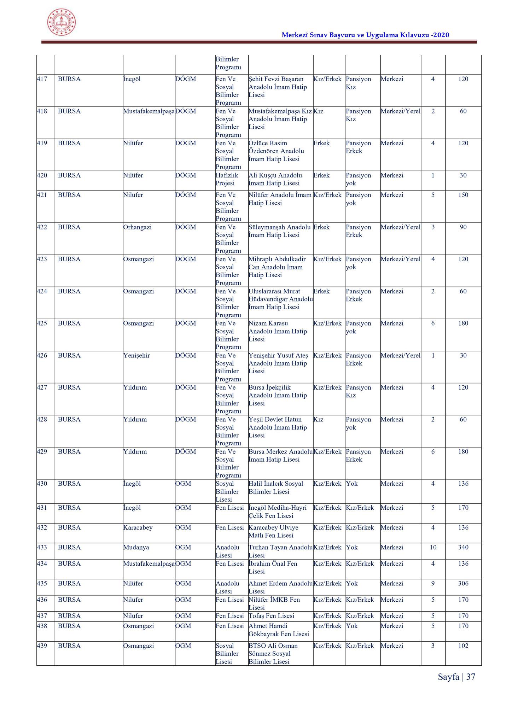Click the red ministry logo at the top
pos(62,22)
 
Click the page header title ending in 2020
pos(365,35)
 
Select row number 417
pos(42,79)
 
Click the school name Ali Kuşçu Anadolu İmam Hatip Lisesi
pos(275,179)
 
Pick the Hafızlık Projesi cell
pos(227,179)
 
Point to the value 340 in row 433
pos(463,548)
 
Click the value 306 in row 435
pos(463,584)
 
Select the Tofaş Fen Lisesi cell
pos(271,616)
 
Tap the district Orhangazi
pos(137,227)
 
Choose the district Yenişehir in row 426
pos(136,356)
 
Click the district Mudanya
pos(136,548)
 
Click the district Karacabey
pos(138,528)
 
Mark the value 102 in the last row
pos(463,646)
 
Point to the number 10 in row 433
pos(433,548)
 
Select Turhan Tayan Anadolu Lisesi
pos(280,551)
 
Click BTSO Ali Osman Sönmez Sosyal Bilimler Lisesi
pos(273,654)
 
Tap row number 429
pos(42,452)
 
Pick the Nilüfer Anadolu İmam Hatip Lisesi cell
pos(280,199)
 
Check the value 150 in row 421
pos(463,195)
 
